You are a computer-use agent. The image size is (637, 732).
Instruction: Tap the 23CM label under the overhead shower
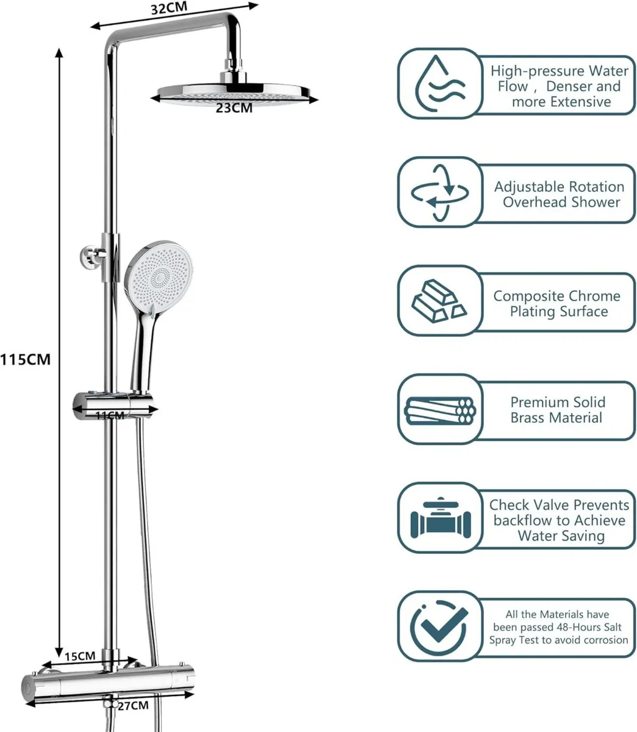click(x=234, y=108)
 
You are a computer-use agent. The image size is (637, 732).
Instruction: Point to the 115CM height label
click(x=26, y=359)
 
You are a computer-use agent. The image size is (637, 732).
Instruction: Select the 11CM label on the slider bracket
click(x=110, y=415)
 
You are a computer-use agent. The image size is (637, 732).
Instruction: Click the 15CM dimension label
click(x=80, y=656)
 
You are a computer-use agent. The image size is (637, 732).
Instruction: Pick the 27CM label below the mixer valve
click(x=132, y=706)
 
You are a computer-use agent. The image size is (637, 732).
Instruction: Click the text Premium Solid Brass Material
click(x=557, y=410)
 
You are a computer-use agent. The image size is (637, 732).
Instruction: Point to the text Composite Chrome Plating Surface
click(x=557, y=303)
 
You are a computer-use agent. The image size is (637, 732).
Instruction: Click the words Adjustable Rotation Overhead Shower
click(x=559, y=194)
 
